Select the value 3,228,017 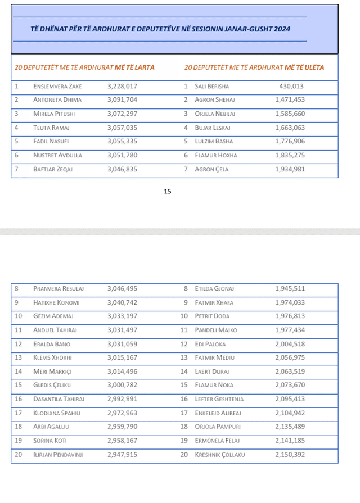(122, 87)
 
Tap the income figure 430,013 (291, 87)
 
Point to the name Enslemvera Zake (57, 87)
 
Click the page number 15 (168, 192)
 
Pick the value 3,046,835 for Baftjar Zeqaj (122, 169)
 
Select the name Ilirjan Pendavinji (58, 454)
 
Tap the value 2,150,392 (290, 454)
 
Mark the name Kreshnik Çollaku (220, 454)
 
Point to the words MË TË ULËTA (304, 67)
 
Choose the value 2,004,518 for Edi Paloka (290, 344)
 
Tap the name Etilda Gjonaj (214, 289)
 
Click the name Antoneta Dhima (57, 100)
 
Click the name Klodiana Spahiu (57, 413)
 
